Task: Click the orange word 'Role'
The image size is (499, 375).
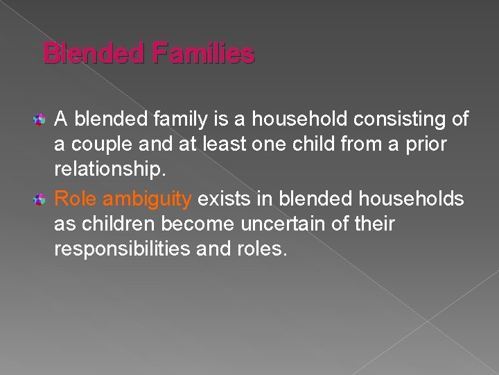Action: pyautogui.click(x=74, y=199)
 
